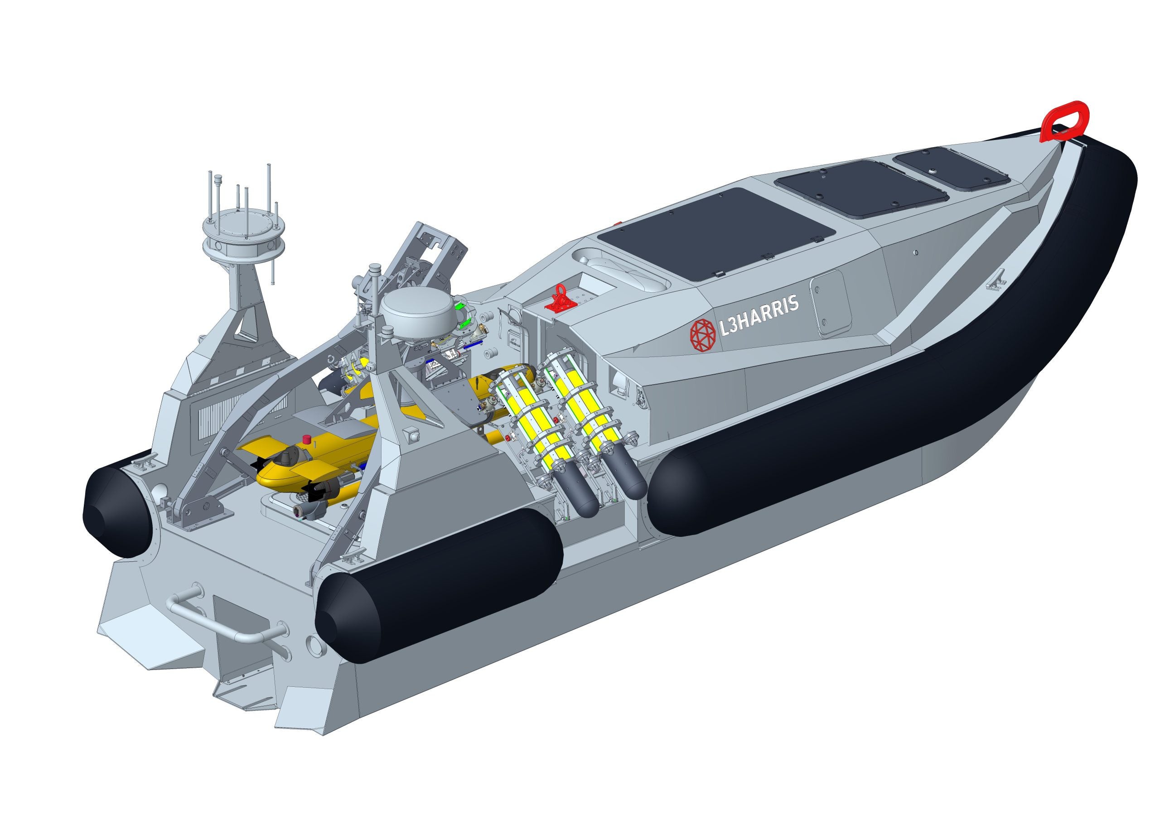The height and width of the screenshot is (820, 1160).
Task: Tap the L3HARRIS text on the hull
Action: click(x=759, y=315)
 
